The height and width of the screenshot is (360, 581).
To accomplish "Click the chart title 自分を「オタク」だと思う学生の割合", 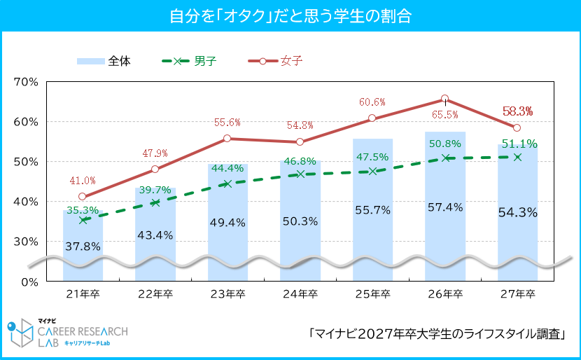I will click(290, 15).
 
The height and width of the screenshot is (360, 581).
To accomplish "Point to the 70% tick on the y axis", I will click(27, 81).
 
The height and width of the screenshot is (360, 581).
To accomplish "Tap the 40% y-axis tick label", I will click(27, 202).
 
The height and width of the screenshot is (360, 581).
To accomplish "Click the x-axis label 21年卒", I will click(83, 294).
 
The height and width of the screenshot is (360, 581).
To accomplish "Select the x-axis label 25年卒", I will click(372, 294).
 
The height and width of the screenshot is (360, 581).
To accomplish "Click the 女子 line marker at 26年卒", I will click(445, 99).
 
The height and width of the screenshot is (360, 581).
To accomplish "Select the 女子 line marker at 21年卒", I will click(83, 197).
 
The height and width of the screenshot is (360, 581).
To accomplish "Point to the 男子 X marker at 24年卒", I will click(300, 174).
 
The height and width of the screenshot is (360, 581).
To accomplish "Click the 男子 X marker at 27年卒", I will click(517, 157).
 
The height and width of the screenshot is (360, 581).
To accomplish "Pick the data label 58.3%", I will click(518, 111).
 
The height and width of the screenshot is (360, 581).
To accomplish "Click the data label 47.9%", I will click(155, 153).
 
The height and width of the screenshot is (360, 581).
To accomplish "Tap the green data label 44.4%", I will click(227, 168).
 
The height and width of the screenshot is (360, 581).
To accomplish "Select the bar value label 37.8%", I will click(83, 246).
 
